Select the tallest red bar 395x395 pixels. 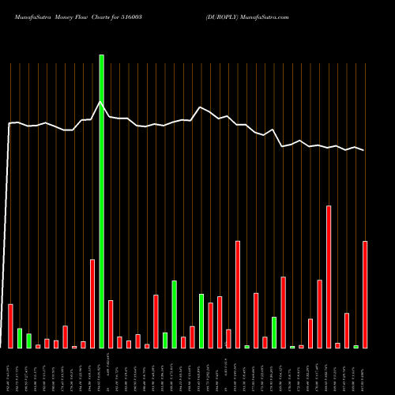[329, 276]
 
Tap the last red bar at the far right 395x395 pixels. [365, 294]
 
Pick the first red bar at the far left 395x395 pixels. [10, 325]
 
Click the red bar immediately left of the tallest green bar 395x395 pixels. [92, 303]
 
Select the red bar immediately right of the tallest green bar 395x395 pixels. [111, 324]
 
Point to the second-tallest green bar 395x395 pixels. [174, 314]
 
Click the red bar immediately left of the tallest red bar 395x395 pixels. [320, 314]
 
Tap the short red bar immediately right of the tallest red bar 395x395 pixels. [337, 345]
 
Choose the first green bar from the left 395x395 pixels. [20, 337]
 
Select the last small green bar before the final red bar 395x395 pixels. [355, 347]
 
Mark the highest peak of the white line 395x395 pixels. [100, 102]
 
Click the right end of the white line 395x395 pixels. [364, 150]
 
